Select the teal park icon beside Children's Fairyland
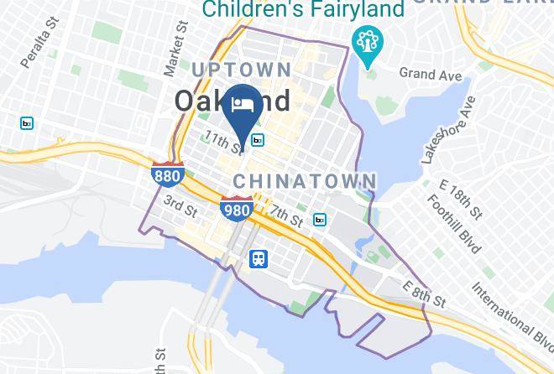click(x=367, y=43)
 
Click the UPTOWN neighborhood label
click(x=242, y=70)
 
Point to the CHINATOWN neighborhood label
click(x=305, y=181)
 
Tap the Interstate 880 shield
click(x=166, y=174)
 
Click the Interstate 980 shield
click(x=237, y=209)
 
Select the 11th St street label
click(x=222, y=142)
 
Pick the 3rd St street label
click(x=180, y=202)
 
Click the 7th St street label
click(x=287, y=217)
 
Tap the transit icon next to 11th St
click(x=258, y=141)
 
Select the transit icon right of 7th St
click(x=320, y=220)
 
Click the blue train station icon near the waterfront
click(x=259, y=259)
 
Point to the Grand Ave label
click(x=431, y=75)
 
